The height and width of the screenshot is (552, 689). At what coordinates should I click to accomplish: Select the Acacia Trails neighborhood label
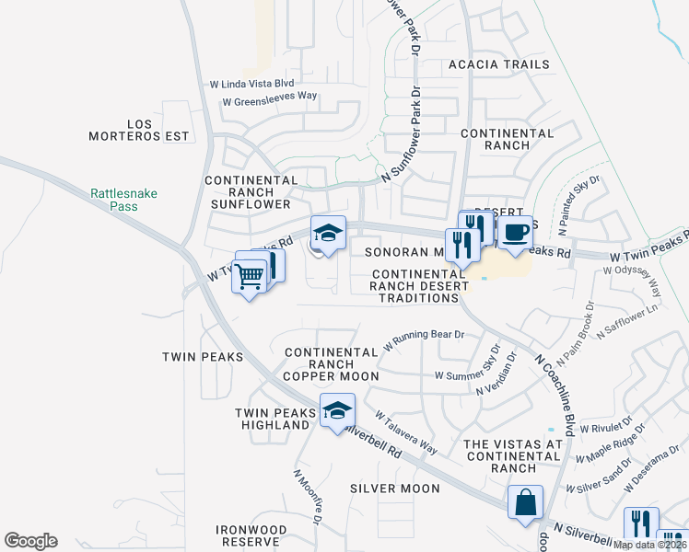click(x=498, y=64)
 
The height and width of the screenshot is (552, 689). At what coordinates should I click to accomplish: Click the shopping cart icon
click(x=250, y=274)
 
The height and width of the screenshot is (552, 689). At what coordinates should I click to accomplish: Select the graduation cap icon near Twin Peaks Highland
click(x=337, y=409)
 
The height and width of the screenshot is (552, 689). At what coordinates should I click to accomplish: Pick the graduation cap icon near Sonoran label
click(x=327, y=234)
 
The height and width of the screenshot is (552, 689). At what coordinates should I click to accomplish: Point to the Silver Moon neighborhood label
click(x=395, y=488)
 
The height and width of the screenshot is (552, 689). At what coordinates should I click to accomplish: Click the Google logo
click(x=30, y=541)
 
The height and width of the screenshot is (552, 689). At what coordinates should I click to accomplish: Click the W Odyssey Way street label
click(x=634, y=283)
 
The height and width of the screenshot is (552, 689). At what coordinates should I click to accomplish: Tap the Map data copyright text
click(x=648, y=545)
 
